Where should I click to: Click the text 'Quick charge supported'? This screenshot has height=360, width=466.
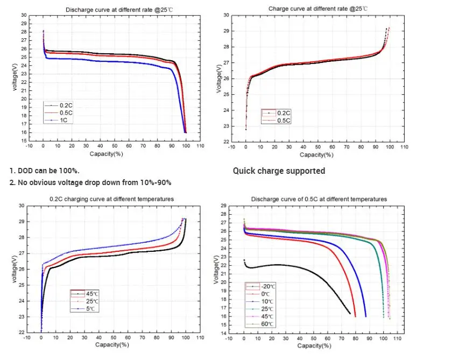[x=279, y=171]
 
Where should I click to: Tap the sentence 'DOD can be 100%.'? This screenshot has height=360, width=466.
[x=45, y=171]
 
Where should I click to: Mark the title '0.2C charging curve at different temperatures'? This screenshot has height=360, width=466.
[x=111, y=199]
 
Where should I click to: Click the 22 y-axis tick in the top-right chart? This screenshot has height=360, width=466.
[x=226, y=142]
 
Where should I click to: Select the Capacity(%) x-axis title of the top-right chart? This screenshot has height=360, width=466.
[x=316, y=155]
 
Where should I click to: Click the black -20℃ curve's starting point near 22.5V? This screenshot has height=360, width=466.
[x=244, y=260]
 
